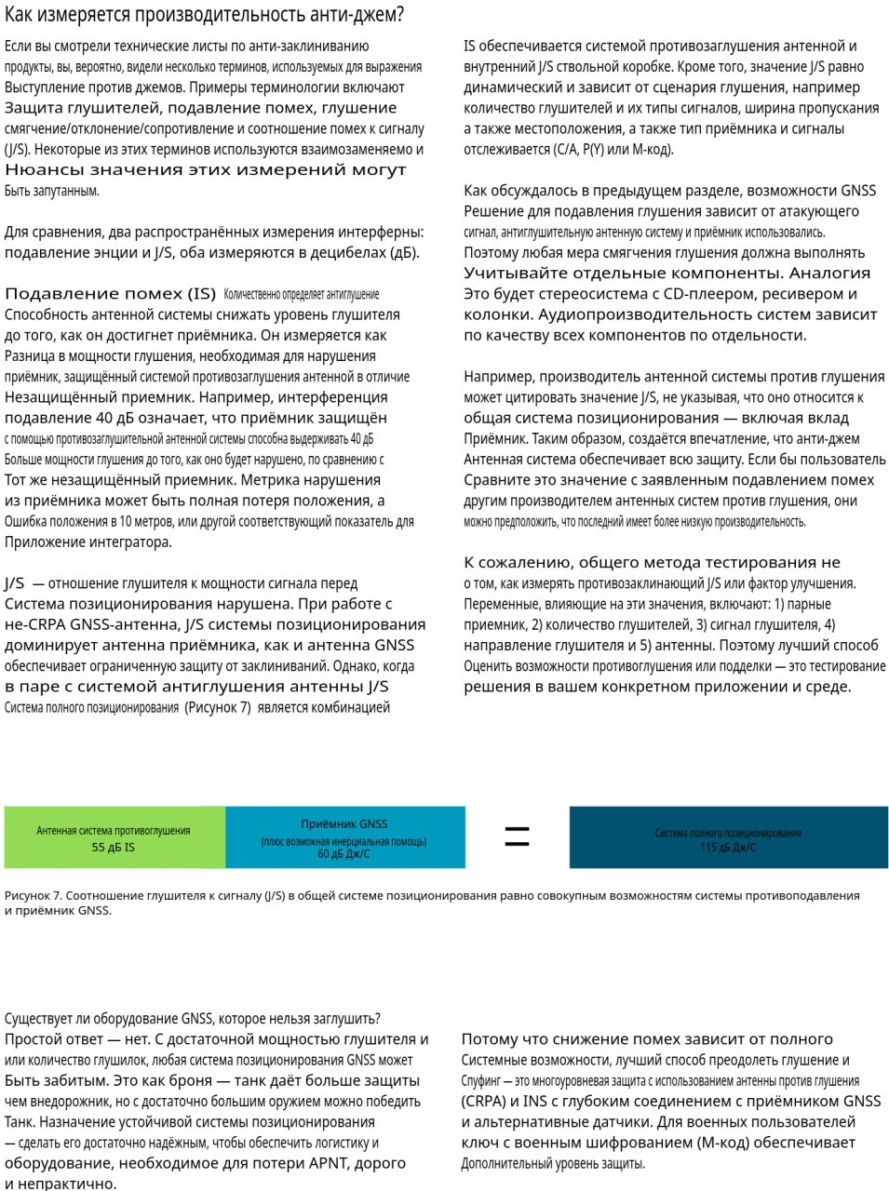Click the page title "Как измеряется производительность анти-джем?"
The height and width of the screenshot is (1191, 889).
pyautogui.click(x=204, y=16)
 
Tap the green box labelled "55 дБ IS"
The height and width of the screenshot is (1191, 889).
pyautogui.click(x=114, y=837)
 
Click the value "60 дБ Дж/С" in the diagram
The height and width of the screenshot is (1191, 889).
pyautogui.click(x=343, y=854)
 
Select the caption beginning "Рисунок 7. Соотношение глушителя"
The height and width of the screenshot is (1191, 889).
pyautogui.click(x=432, y=902)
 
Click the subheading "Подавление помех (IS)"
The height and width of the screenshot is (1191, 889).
pyautogui.click(x=110, y=294)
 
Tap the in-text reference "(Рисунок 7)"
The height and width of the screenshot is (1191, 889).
pyautogui.click(x=218, y=707)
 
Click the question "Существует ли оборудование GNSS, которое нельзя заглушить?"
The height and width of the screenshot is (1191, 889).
pyautogui.click(x=193, y=1019)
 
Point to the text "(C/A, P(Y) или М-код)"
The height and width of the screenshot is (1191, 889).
pyautogui.click(x=613, y=149)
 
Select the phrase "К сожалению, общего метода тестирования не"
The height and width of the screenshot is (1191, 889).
pyautogui.click(x=652, y=563)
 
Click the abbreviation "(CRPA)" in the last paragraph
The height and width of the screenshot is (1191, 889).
pyautogui.click(x=484, y=1102)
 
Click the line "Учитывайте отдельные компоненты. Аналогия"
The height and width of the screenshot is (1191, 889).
pyautogui.click(x=667, y=274)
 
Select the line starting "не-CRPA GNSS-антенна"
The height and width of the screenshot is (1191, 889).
pyautogui.click(x=215, y=624)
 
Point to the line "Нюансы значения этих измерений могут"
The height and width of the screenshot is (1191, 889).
pyautogui.click(x=206, y=170)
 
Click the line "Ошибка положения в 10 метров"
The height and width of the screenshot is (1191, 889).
pyautogui.click(x=209, y=522)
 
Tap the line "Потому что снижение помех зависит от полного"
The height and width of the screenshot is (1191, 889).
pyautogui.click(x=647, y=1039)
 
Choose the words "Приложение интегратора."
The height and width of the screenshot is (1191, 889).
pyautogui.click(x=88, y=542)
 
